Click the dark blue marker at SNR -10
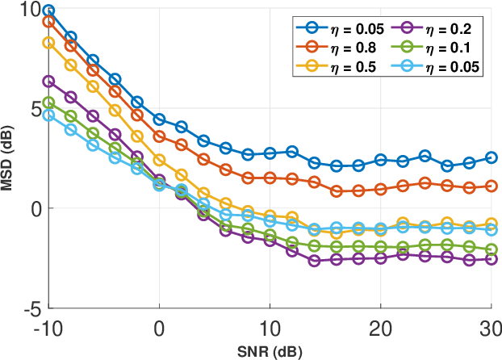(48, 11)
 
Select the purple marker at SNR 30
(492, 259)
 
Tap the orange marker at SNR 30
(492, 186)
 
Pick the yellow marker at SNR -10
(48, 43)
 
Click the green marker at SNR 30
(492, 249)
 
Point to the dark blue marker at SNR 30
(492, 157)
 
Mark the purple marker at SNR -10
(48, 82)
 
